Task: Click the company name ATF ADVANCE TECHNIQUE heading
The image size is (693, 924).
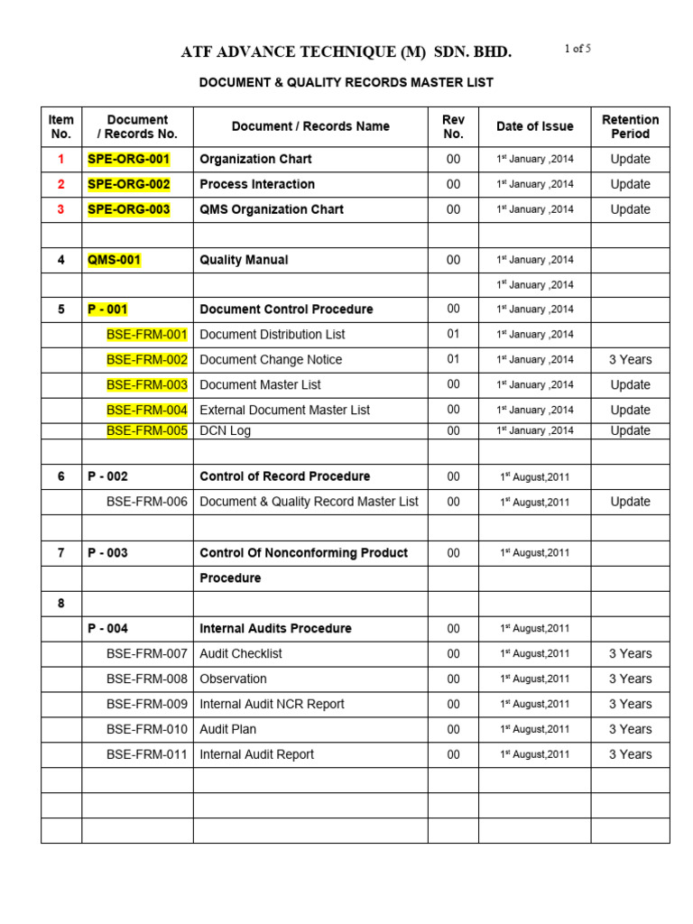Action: point(346,52)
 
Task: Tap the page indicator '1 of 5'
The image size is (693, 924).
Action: point(577,49)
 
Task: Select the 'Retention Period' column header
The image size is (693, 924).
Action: point(630,126)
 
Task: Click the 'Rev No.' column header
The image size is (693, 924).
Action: point(453,126)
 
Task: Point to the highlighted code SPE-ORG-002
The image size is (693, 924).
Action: point(128,184)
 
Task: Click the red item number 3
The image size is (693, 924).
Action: point(61,209)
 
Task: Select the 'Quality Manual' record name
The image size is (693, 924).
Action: point(244,260)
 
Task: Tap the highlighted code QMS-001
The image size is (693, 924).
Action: point(114,260)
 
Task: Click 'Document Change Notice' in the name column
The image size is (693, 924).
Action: point(271,359)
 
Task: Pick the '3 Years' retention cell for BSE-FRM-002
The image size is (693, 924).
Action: point(630,359)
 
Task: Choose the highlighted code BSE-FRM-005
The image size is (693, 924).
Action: point(147,430)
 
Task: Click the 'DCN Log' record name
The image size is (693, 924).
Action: point(225,430)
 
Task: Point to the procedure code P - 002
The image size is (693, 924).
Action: point(107,476)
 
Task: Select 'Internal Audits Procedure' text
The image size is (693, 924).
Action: point(275,628)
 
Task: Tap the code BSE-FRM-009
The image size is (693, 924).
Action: point(147,704)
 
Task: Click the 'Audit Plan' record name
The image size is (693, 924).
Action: point(227,729)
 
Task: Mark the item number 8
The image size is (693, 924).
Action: point(61,603)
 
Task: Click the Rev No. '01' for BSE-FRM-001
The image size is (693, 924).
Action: point(453,334)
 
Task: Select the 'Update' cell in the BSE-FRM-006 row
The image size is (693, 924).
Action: point(630,502)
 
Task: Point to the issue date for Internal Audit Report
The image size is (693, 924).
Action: point(535,754)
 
